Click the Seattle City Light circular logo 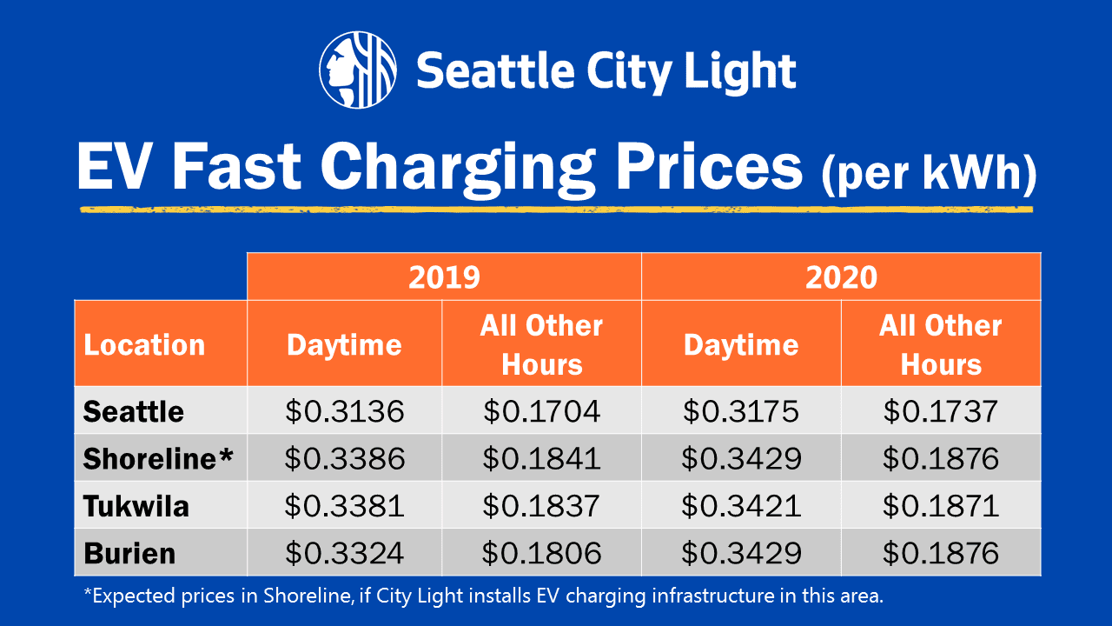[x=358, y=70]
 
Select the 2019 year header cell [x=444, y=276]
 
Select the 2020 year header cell [x=841, y=276]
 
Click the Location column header [x=144, y=344]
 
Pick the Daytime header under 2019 [x=344, y=344]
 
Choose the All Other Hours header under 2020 [x=941, y=344]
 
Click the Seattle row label [x=134, y=410]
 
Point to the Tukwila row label [x=136, y=505]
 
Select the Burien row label [x=129, y=553]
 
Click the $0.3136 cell [x=345, y=410]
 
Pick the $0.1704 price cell [x=541, y=410]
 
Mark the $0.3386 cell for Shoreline [x=345, y=458]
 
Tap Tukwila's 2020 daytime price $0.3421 [x=741, y=505]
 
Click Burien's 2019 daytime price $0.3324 [x=345, y=553]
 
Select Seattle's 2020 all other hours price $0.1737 [x=941, y=410]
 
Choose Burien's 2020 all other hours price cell [x=941, y=553]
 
